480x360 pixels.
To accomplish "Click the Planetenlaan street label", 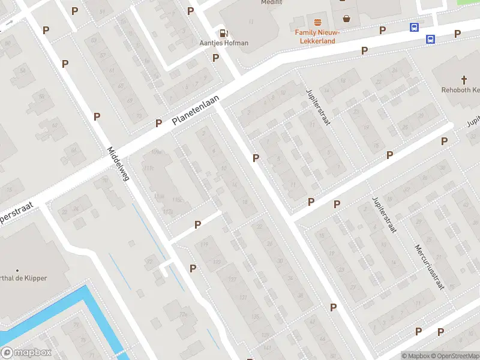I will tap(196, 110).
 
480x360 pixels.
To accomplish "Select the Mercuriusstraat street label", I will tap(428, 266).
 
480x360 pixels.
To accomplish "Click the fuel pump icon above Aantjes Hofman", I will tap(224, 34).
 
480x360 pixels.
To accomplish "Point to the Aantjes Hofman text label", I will tap(224, 43).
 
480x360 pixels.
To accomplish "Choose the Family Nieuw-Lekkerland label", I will tap(317, 37).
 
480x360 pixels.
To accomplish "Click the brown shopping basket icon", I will tap(347, 17).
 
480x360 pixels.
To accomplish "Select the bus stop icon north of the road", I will tap(414, 28).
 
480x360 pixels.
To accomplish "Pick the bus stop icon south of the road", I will tap(430, 40).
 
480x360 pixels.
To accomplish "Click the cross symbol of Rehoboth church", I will tap(464, 79).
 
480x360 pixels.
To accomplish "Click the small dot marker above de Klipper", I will tap(17, 271).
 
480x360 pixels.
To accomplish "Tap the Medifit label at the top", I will tap(271, 2).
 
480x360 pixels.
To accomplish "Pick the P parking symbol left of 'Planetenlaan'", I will tap(158, 123).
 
